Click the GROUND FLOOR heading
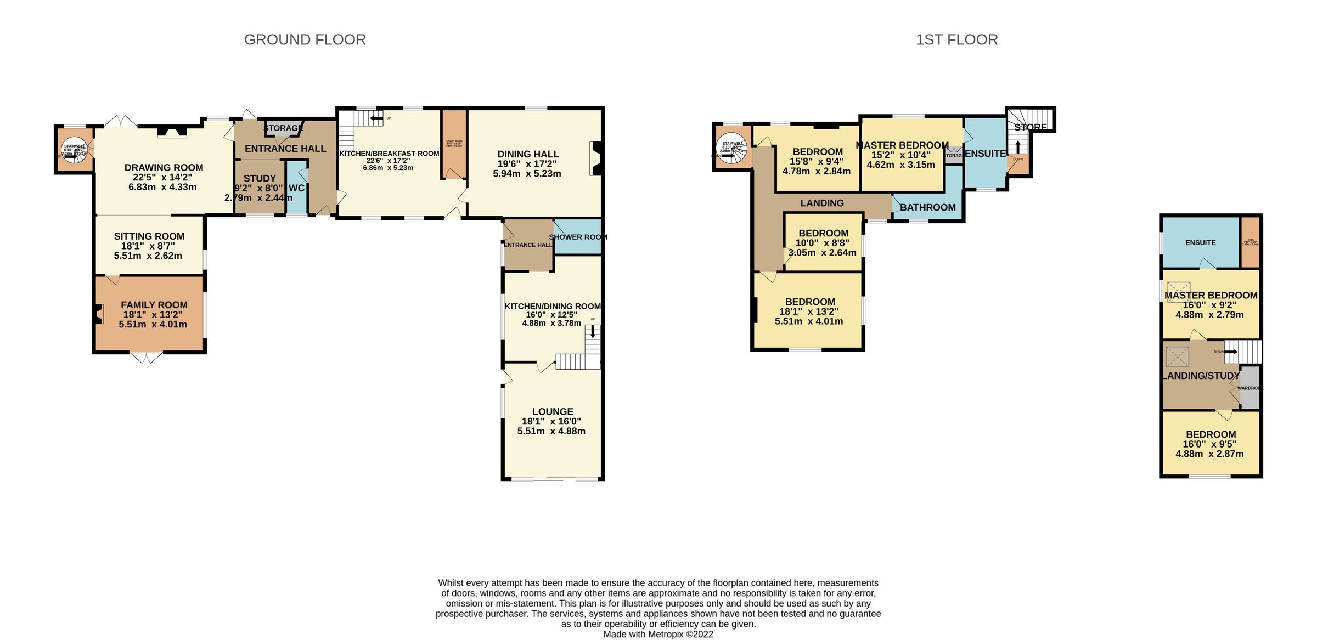[x=305, y=40]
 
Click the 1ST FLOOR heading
[x=956, y=40]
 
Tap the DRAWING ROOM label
[x=164, y=168]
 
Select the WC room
[x=296, y=188]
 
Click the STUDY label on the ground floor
[x=260, y=179]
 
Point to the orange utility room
[x=454, y=144]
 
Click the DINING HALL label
[x=528, y=155]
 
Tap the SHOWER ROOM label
[x=578, y=237]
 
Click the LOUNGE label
[x=553, y=412]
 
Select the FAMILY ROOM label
[x=154, y=305]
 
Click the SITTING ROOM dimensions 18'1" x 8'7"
[x=148, y=246]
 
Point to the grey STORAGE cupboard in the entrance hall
[x=283, y=128]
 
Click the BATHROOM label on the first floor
[x=927, y=207]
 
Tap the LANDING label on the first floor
[x=821, y=203]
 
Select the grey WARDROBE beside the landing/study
[x=1250, y=388]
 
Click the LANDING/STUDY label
[x=1201, y=376]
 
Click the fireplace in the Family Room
[x=99, y=314]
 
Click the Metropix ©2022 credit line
[x=658, y=635]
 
